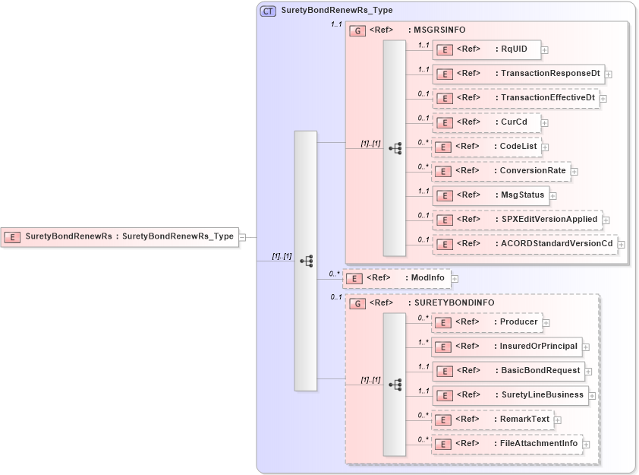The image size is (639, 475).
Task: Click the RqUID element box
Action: [486, 49]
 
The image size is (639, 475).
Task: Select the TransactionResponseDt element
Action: [518, 74]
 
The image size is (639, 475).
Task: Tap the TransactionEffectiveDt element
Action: [515, 98]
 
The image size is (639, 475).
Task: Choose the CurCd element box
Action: [486, 122]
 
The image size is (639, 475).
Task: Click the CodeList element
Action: [486, 147]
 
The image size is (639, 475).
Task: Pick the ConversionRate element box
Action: [501, 171]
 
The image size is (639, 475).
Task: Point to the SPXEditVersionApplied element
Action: [517, 220]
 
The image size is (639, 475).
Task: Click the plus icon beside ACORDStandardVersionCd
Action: [622, 244]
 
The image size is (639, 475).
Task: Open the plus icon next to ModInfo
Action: [455, 279]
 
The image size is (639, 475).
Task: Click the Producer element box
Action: [486, 322]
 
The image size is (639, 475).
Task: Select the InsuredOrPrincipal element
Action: [506, 347]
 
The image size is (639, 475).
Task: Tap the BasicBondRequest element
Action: [508, 371]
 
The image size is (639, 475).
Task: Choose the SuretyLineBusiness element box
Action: [510, 395]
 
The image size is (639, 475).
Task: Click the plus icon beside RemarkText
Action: [557, 420]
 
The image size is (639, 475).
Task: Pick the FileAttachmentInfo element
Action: [507, 444]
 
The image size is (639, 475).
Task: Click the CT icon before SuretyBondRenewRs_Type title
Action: [268, 11]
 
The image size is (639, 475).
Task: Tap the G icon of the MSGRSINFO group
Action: [357, 30]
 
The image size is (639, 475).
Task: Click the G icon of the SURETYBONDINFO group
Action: [357, 303]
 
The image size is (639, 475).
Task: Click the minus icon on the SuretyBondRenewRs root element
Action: [242, 236]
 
